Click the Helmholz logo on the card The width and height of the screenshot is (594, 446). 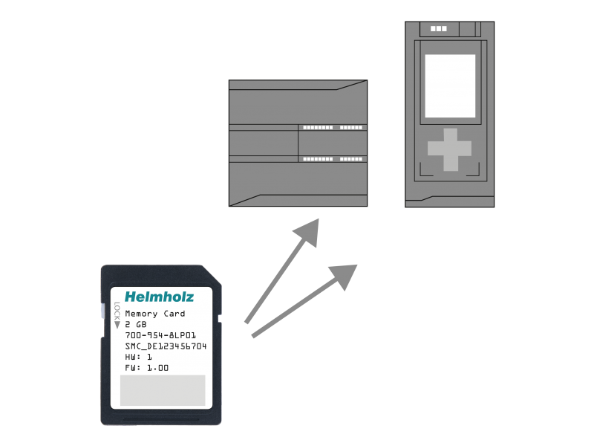(159, 297)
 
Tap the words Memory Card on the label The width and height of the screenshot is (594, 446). (155, 314)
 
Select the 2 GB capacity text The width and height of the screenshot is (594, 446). (136, 325)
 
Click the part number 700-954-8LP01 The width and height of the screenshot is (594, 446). (160, 335)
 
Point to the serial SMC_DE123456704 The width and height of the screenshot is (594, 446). (166, 346)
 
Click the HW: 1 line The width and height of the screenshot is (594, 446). (138, 357)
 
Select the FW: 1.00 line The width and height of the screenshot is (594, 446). (146, 368)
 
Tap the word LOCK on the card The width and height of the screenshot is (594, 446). (117, 311)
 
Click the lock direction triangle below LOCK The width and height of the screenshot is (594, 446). (117, 325)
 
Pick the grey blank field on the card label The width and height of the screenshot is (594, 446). (163, 390)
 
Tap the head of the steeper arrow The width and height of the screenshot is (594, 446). (307, 232)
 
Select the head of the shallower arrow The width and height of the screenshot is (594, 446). (344, 276)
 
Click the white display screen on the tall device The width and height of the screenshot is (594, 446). (450, 86)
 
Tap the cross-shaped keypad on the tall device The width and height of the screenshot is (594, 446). (450, 149)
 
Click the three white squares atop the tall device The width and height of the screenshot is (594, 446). (438, 28)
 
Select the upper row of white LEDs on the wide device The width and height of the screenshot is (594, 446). (333, 127)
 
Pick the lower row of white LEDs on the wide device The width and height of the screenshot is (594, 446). (333, 159)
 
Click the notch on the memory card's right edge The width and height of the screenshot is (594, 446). (219, 318)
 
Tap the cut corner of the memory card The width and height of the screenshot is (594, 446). (212, 274)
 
